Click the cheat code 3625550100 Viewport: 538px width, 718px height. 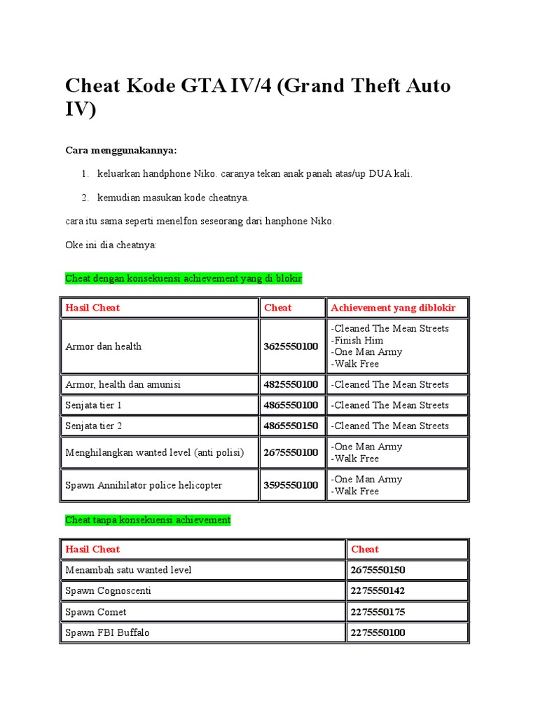pos(291,346)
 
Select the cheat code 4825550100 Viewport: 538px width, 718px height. pos(291,384)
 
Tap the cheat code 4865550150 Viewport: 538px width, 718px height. pos(291,426)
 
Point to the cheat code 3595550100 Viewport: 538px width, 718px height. pos(291,485)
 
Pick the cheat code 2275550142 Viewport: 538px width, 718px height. pos(378,591)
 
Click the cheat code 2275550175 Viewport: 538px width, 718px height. pos(378,612)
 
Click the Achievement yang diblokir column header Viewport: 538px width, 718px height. pos(393,308)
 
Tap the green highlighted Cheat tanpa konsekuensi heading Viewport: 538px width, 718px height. pos(148,520)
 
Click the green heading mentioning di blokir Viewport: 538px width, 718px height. pos(184,278)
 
